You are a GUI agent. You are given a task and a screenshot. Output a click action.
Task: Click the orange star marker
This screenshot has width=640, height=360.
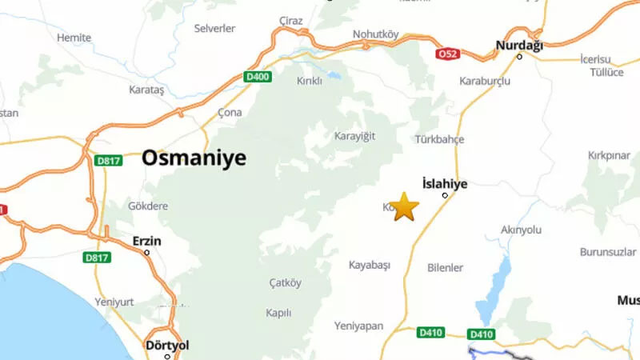[x=406, y=206]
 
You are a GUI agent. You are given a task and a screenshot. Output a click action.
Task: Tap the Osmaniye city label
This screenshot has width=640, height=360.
[x=194, y=158]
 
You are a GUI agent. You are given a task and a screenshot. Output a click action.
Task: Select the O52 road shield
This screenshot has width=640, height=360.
[x=448, y=54]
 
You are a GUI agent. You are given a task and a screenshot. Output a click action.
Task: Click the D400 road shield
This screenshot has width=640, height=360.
[x=256, y=77]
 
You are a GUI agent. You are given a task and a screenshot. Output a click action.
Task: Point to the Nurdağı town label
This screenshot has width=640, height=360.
[x=519, y=46]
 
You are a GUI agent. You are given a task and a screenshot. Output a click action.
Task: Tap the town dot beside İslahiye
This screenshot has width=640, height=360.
[x=446, y=195]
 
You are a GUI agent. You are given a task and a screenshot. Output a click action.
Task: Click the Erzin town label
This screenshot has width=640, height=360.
[x=146, y=240]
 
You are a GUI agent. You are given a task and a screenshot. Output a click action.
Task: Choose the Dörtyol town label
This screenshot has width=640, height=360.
[x=166, y=346]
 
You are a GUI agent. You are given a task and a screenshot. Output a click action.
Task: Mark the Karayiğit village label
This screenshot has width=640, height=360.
[x=354, y=136]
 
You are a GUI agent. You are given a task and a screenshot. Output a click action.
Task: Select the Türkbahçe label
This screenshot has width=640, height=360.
[x=439, y=139]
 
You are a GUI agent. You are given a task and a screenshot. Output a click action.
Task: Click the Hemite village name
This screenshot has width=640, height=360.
[x=74, y=38]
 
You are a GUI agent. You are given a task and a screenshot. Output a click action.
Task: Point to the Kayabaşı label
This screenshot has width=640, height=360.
[x=369, y=265]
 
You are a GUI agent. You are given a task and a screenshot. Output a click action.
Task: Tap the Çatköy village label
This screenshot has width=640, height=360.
[x=286, y=282]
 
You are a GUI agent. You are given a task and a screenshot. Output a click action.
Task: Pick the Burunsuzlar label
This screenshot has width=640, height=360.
[x=607, y=252]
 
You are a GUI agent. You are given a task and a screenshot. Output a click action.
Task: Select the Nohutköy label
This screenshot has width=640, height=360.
[x=375, y=34]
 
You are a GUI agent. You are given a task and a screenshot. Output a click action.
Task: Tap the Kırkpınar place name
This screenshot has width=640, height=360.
[x=610, y=154]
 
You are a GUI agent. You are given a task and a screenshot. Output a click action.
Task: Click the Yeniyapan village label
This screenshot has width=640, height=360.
[x=360, y=326]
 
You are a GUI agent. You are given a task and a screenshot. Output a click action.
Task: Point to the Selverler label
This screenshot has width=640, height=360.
[x=215, y=28]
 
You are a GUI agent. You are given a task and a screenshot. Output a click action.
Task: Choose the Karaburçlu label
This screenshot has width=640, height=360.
[x=485, y=81]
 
